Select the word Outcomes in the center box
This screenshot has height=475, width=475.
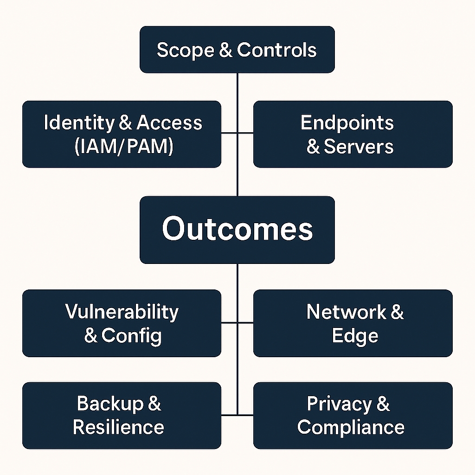coord(237,229)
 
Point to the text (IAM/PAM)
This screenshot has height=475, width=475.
coord(123,147)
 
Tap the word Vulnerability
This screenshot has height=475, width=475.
coord(122,311)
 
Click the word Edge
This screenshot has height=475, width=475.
coord(355,336)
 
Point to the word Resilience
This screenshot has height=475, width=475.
coord(118,427)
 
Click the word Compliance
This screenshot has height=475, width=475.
coord(351,427)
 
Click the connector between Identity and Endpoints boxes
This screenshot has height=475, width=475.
coord(237,133)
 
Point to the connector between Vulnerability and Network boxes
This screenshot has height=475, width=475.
coord(237,322)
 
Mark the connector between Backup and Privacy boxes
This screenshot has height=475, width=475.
coord(237,414)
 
